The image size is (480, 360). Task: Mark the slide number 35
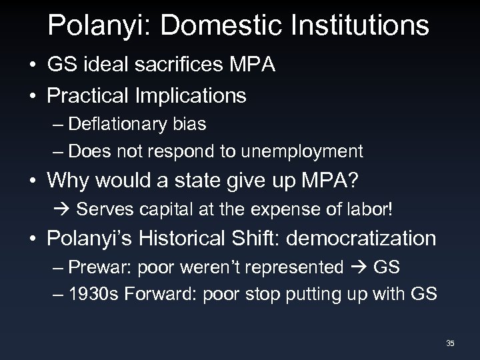pyautogui.click(x=450, y=343)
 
